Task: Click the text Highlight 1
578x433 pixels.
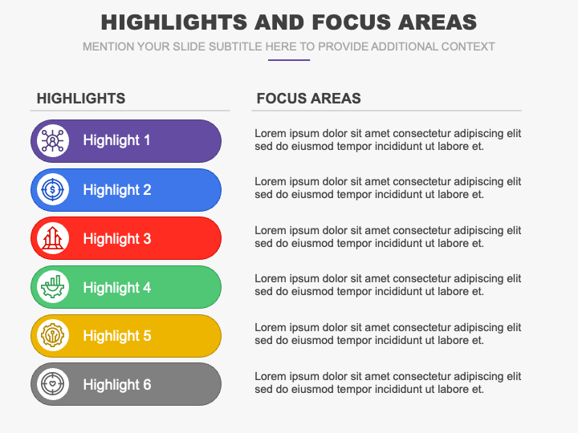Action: click(116, 140)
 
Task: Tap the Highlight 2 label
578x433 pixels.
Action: click(116, 190)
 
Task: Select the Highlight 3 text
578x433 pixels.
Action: click(116, 239)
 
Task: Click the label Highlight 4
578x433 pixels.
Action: click(116, 287)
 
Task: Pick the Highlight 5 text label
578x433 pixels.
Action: click(116, 336)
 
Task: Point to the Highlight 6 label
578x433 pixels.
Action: click(116, 385)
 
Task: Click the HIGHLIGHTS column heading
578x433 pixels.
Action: click(81, 99)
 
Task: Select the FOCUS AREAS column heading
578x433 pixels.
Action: click(308, 99)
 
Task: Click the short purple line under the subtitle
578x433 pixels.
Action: click(289, 60)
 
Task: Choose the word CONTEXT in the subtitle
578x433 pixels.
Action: click(469, 47)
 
